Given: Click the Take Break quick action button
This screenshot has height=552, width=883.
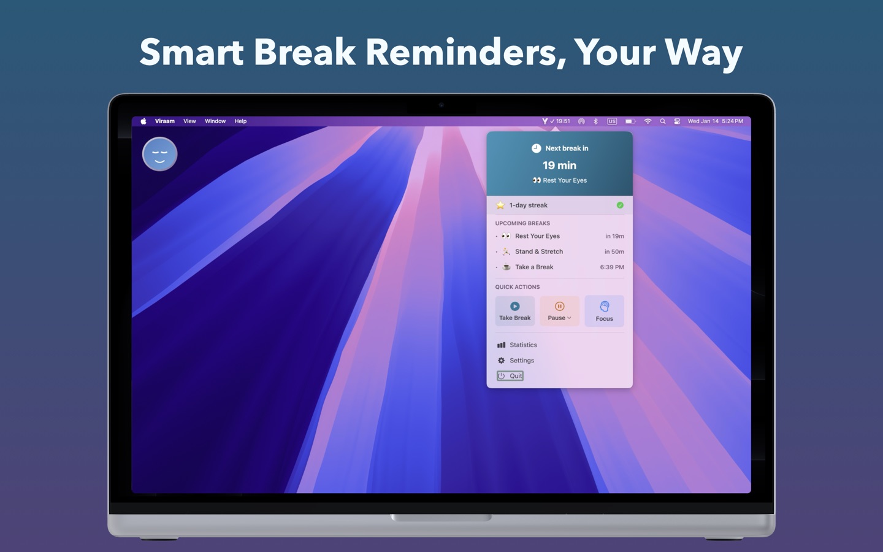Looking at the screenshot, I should [x=514, y=310].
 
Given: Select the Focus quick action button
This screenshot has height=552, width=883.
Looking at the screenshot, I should [x=604, y=310].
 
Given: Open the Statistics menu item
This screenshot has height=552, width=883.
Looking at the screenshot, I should [x=523, y=345].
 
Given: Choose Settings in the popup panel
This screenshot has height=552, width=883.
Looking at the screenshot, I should [x=521, y=361].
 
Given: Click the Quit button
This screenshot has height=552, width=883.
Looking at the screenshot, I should [x=510, y=376].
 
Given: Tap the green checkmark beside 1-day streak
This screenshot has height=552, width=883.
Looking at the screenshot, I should [x=620, y=205].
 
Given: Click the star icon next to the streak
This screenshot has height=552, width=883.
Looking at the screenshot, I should [x=500, y=205].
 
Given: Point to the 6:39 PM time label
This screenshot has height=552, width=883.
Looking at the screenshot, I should [x=611, y=267].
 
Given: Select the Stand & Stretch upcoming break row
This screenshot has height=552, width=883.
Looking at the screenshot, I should [x=538, y=251].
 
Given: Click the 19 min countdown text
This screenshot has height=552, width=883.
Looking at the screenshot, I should [x=559, y=166].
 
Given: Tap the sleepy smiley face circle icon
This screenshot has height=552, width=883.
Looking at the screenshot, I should [x=160, y=154].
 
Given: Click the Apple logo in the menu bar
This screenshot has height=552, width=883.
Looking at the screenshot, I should [x=143, y=121].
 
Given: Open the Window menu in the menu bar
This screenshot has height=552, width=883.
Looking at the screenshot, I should [x=215, y=121].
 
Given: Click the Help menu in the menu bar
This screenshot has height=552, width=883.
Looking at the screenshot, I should [x=240, y=121].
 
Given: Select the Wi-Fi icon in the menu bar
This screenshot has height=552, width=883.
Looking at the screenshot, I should [x=648, y=121].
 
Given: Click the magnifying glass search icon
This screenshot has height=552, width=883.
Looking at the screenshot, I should [x=662, y=121].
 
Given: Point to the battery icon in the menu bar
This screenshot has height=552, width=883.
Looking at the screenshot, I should [x=630, y=121].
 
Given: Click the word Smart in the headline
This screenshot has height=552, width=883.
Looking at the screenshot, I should [x=191, y=52].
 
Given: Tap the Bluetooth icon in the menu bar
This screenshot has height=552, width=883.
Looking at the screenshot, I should [x=596, y=121].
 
